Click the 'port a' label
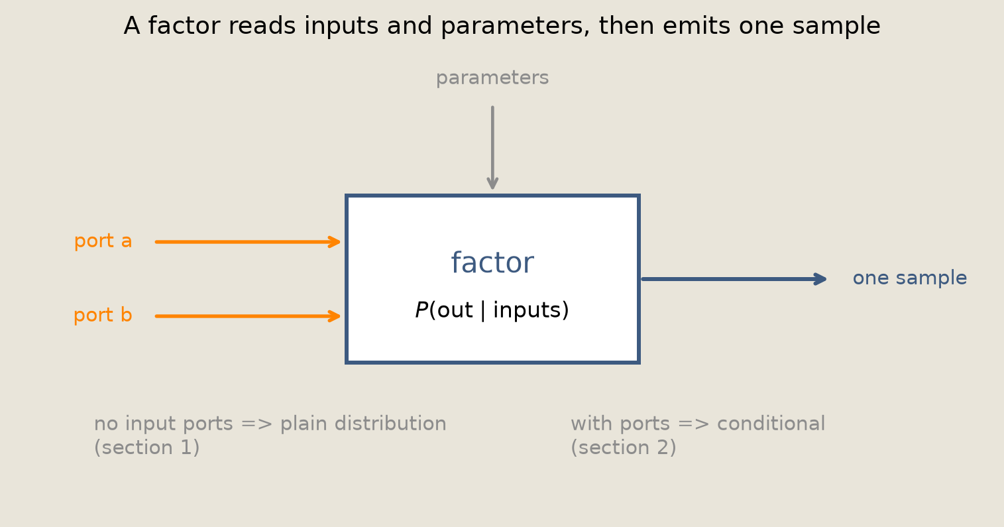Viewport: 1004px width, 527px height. point(103,241)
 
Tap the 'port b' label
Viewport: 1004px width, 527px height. point(103,315)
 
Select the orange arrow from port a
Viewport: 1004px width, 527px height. point(247,242)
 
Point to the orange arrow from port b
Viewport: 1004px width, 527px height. point(247,316)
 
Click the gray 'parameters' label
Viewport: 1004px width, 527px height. point(492,78)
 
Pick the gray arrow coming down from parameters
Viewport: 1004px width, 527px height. point(492,148)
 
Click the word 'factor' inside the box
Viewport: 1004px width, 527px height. point(492,263)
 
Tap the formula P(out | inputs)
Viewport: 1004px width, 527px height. point(492,310)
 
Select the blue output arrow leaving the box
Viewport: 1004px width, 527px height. point(734,279)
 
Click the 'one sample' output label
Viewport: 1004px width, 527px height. point(909,278)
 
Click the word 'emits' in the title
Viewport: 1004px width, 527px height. point(696,26)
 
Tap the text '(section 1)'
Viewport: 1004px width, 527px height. point(146,447)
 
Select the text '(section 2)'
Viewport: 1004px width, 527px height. point(623,447)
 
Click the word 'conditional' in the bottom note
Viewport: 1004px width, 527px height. point(771,424)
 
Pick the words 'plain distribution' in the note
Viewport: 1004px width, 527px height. point(363,424)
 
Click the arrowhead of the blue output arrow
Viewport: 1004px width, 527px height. point(820,279)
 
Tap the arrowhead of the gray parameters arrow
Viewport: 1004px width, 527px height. point(492,183)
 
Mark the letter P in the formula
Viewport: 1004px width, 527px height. point(421,310)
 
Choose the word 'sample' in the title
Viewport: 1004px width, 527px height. point(836,27)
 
